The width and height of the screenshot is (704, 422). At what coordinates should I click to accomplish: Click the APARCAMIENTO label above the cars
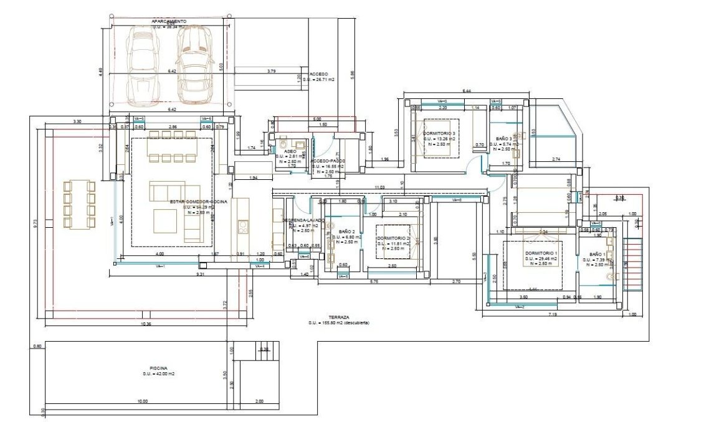coord(169,21)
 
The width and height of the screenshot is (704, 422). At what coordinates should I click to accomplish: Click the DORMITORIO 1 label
coord(540,253)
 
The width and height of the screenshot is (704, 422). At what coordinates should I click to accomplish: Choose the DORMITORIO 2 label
coord(392,238)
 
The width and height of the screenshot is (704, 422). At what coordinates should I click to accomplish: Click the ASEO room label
coord(290,151)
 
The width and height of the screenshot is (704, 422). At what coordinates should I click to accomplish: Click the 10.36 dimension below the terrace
coord(146,325)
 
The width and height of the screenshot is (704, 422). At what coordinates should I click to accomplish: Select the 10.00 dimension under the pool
coord(142,401)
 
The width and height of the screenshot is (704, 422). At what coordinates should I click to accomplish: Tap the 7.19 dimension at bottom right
coord(553,316)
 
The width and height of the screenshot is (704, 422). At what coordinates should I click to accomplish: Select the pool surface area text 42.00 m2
coord(158,373)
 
